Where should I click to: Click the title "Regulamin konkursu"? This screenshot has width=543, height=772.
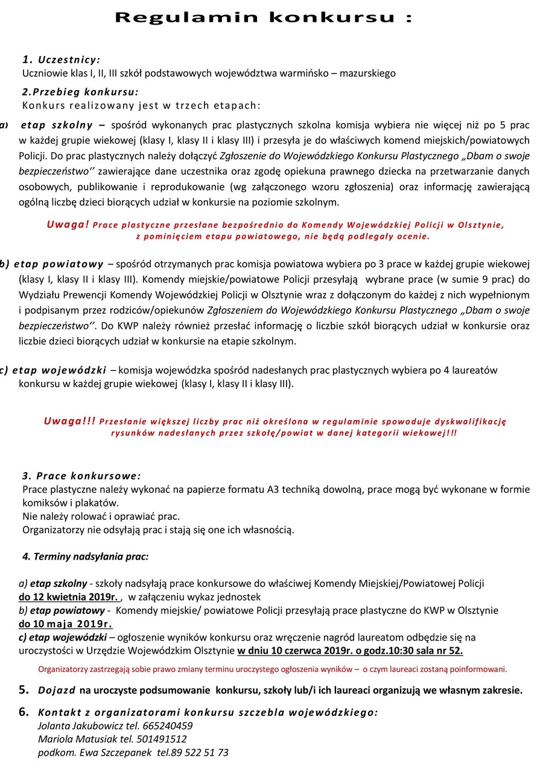coord(263,17)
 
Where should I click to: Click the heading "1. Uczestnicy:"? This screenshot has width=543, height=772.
coord(61,60)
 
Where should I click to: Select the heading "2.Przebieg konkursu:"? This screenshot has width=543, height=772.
coord(80,92)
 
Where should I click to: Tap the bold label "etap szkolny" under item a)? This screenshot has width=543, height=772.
coord(57,125)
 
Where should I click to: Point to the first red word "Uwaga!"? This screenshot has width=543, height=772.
coord(68,224)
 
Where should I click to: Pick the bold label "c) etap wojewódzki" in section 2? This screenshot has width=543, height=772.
coord(53,370)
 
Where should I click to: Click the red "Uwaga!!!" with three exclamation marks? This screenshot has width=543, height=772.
coord(69,422)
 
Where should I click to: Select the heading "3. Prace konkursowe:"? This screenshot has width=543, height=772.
coord(81,476)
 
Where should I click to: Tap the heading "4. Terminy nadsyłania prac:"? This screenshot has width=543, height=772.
coord(85,556)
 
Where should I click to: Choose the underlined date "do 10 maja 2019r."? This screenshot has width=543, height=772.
coord(65,624)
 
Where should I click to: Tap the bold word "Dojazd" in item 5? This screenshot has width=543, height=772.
coord(57,690)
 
